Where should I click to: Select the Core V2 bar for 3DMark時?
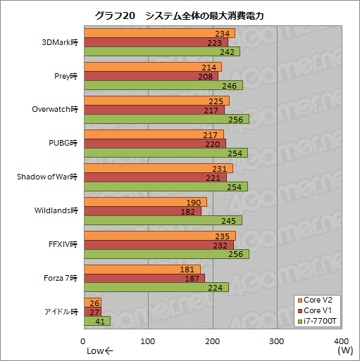(159, 33)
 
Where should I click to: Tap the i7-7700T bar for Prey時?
(163, 84)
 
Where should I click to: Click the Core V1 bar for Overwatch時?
(154, 109)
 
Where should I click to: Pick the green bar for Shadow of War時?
(166, 186)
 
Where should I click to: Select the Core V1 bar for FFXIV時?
(159, 244)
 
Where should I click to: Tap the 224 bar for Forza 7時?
(156, 286)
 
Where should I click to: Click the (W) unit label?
(345, 350)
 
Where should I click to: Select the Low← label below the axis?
(99, 350)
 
